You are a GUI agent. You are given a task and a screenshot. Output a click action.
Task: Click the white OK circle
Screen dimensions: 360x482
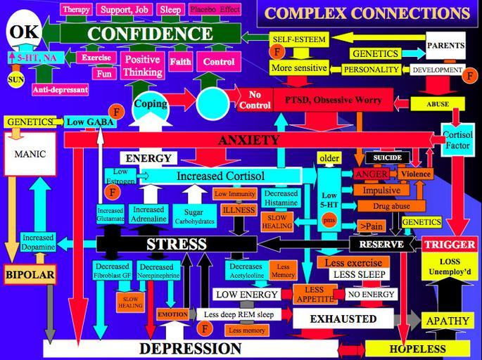(x=24, y=32)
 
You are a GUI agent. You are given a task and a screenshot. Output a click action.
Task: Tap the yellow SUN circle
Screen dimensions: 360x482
(x=15, y=79)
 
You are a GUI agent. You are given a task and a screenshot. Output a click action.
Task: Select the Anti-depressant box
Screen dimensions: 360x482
(x=60, y=89)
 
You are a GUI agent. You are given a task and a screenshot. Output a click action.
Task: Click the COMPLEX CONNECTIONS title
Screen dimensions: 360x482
(x=367, y=13)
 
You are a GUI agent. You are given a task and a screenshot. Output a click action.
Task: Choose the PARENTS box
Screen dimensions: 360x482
(x=445, y=46)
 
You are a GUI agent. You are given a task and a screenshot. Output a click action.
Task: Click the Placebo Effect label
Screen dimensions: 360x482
(x=215, y=10)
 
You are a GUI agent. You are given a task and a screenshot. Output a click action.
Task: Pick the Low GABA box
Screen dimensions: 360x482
(x=85, y=122)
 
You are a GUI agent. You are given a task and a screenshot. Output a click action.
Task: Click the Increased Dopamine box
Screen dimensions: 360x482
(x=37, y=243)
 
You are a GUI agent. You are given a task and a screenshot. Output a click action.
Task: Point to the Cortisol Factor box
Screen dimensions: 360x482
(x=457, y=139)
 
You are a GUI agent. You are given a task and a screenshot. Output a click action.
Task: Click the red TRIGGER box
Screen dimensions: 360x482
(x=450, y=245)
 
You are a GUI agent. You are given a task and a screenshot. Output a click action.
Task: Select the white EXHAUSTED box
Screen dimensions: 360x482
(x=343, y=319)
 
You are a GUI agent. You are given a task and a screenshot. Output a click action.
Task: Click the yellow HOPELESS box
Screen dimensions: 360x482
(x=417, y=349)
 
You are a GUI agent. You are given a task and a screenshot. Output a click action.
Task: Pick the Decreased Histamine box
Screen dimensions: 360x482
(x=281, y=198)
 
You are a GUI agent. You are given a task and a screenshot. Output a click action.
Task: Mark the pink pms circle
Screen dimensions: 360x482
(x=329, y=220)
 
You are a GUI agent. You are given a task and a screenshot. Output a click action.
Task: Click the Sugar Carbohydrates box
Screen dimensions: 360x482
(x=188, y=215)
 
